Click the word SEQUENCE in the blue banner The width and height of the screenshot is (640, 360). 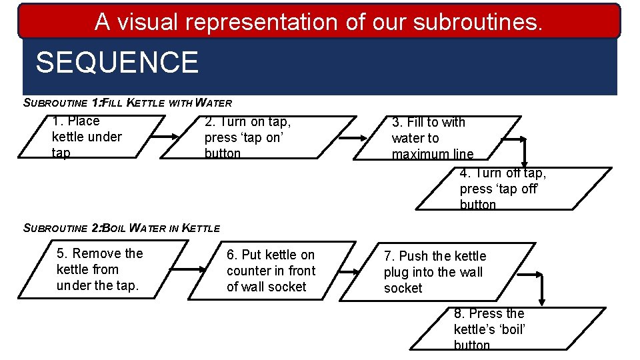(x=117, y=63)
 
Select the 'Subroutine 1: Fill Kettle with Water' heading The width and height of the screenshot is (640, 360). (x=127, y=103)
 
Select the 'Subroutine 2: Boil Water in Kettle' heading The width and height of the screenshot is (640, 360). (x=121, y=228)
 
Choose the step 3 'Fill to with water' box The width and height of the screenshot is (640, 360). (x=437, y=138)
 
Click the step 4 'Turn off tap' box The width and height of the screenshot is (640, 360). (x=513, y=189)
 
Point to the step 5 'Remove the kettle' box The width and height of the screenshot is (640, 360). (x=100, y=269)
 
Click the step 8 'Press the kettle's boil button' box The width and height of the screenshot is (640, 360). (x=507, y=329)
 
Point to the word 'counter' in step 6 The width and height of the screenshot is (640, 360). (x=247, y=271)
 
